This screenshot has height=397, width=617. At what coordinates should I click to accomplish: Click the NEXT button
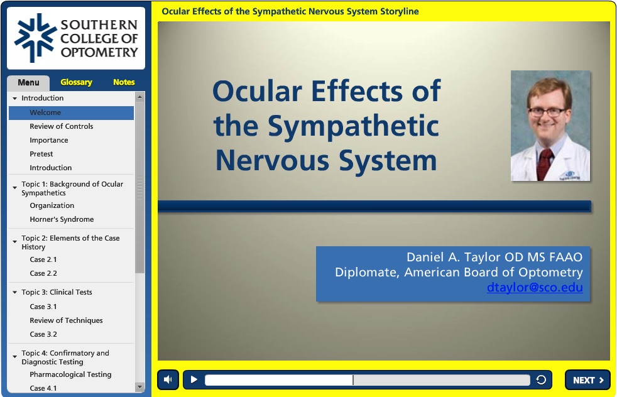587,380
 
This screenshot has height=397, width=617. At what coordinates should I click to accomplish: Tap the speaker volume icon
168,379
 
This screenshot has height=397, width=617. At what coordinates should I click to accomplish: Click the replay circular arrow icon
541,379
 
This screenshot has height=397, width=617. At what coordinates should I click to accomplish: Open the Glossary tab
76,82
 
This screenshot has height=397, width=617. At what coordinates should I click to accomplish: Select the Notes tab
124,82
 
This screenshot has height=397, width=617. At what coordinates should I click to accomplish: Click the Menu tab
28,83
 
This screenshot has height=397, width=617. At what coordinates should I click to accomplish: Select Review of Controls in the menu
62,126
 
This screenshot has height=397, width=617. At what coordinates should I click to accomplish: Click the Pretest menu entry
41,154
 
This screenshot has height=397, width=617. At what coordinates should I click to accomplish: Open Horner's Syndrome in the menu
62,219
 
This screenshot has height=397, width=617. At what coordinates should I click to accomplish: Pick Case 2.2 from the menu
43,273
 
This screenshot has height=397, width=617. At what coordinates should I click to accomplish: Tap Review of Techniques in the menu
66,320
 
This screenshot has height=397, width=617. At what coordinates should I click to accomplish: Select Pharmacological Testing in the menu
70,374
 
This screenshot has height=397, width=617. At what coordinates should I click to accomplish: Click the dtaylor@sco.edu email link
535,288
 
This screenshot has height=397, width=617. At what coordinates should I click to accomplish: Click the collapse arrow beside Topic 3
14,292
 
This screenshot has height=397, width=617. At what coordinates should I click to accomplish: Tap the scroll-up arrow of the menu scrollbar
139,96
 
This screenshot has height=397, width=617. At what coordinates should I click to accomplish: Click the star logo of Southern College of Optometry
35,38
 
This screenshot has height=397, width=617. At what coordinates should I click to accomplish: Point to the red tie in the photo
545,163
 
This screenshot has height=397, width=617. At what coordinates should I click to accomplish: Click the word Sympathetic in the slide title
353,127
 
